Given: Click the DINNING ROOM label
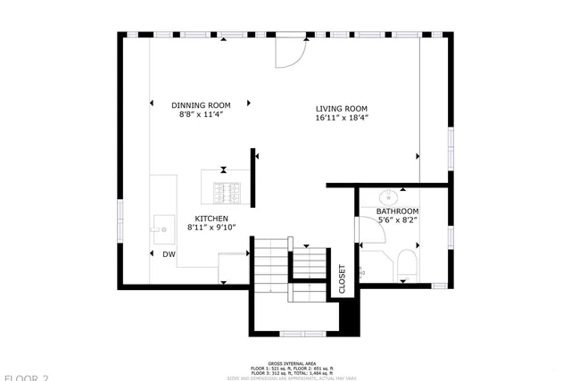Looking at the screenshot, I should (200, 105).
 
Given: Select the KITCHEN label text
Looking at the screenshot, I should (211, 219).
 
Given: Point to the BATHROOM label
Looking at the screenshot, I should (397, 211).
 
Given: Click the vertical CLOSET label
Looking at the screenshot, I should (342, 278).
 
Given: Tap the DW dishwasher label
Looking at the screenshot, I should (169, 254).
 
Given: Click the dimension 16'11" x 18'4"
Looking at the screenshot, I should (341, 118).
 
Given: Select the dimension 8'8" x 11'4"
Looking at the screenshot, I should (200, 115).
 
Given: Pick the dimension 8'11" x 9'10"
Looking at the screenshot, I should (211, 228).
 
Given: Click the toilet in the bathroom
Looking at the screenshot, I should (407, 264).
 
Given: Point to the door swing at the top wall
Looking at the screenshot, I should (290, 53).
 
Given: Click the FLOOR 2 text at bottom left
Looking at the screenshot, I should (24, 377).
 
